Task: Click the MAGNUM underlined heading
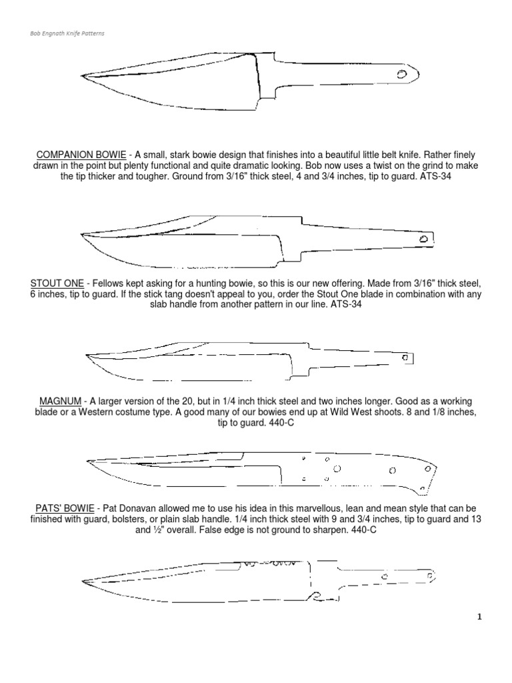click(59, 401)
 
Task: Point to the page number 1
click(479, 618)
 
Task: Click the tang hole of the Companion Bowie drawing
click(403, 75)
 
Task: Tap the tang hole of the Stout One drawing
click(423, 239)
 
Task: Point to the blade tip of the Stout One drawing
click(81, 235)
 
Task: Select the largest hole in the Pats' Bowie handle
click(337, 469)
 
